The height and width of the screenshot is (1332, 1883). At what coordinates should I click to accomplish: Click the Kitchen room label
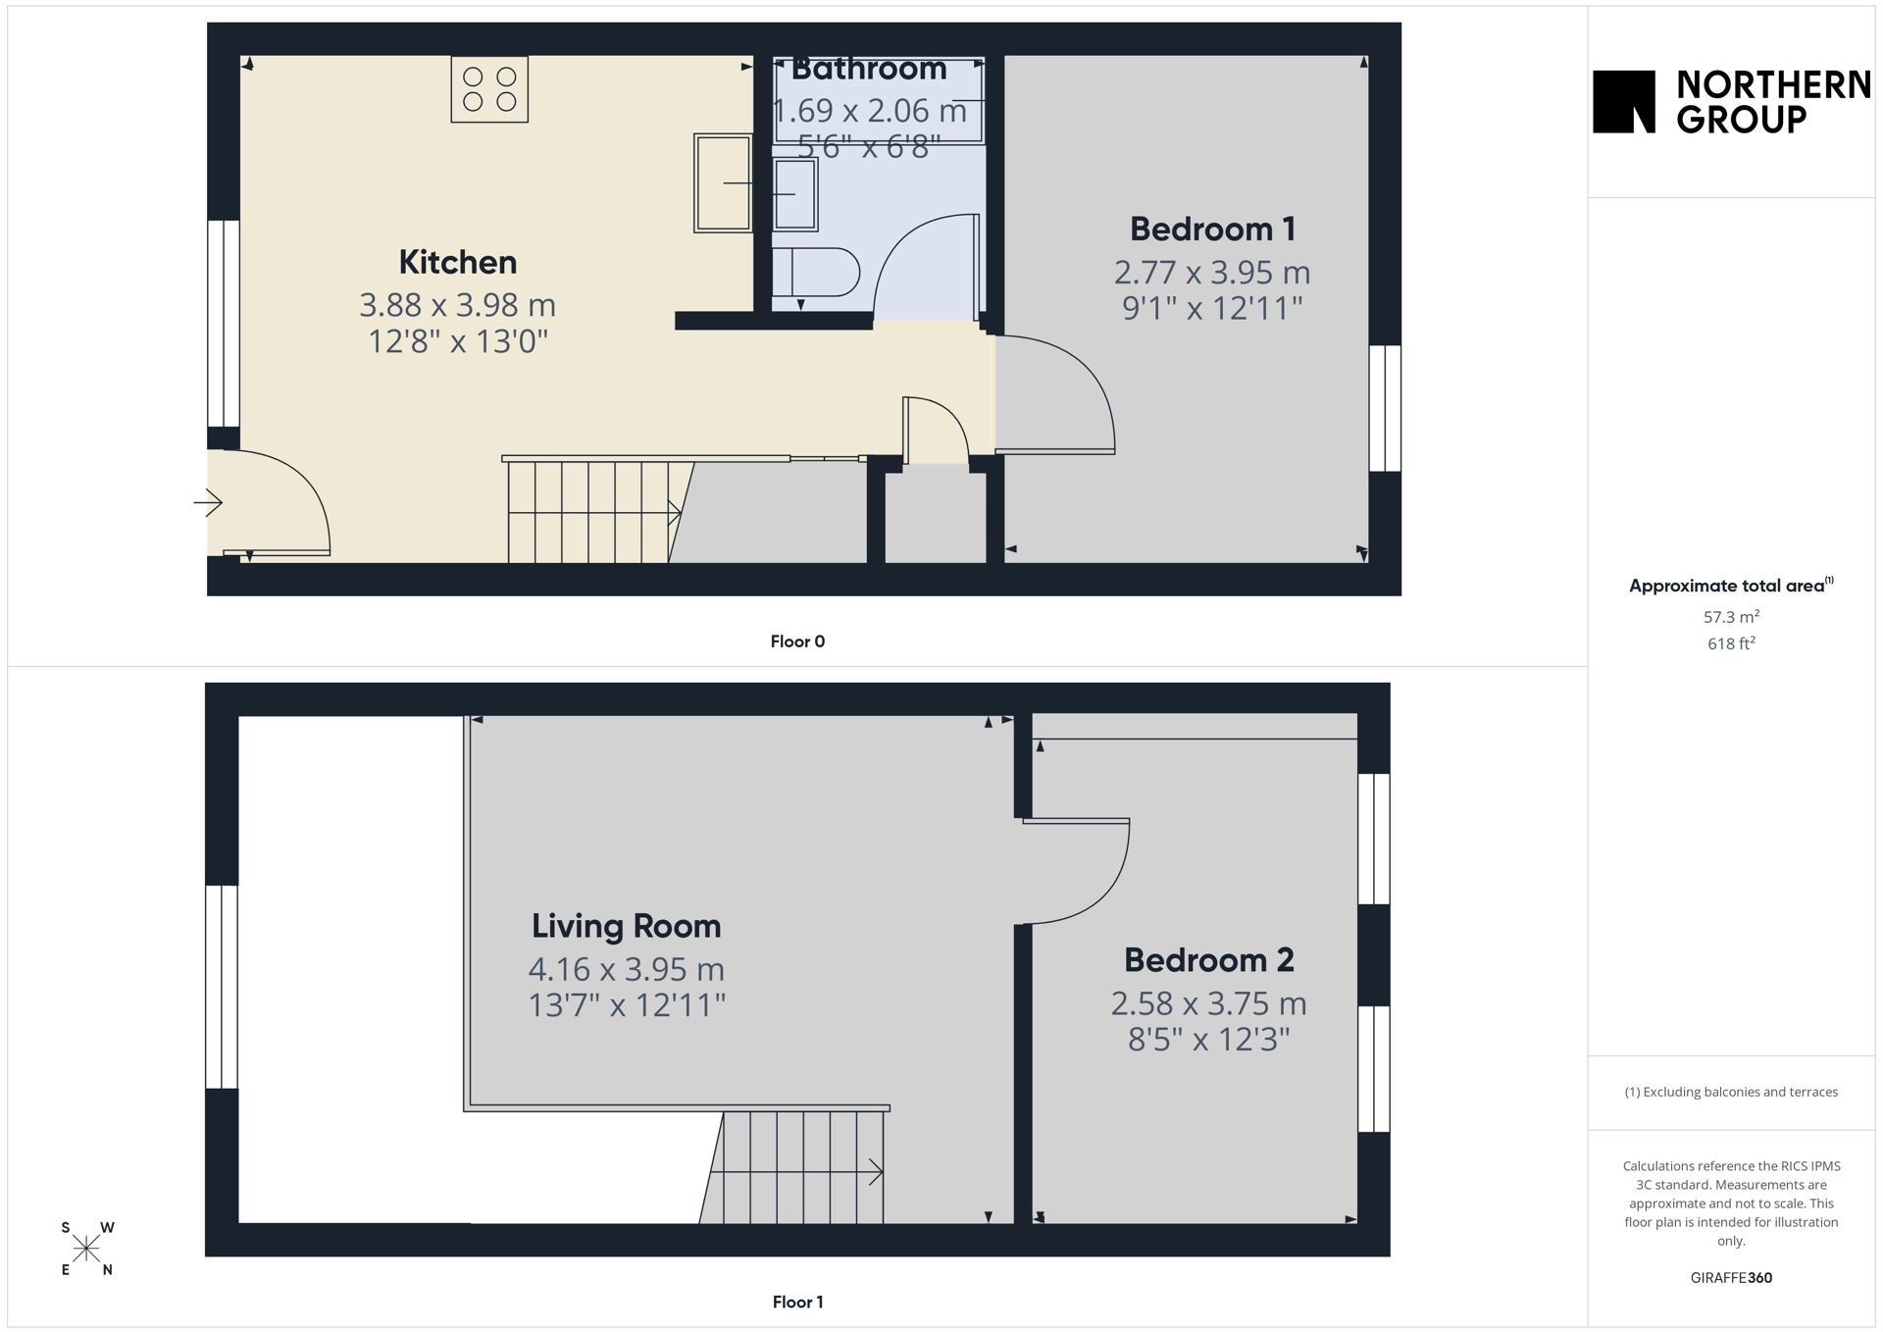pos(457,262)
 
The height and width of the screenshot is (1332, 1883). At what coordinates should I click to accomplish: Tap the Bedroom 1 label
pos(1212,229)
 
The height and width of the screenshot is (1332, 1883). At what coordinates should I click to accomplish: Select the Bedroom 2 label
pos(1208,959)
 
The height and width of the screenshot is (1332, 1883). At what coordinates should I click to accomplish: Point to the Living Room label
pos(626,926)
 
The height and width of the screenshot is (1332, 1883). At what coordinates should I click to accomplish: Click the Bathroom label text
pos(869,69)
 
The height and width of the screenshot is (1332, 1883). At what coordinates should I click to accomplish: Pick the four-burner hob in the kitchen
pos(489,89)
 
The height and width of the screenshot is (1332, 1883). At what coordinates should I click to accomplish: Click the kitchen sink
pos(723,183)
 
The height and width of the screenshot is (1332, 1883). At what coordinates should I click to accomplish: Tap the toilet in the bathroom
pos(816,272)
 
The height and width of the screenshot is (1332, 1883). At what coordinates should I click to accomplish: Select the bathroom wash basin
pos(794,194)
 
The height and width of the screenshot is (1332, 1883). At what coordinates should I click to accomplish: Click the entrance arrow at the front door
pos(208,503)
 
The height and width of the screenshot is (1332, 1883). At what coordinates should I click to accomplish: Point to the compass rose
pos(86,1249)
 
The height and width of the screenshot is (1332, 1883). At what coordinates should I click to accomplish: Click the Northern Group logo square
pos(1624,101)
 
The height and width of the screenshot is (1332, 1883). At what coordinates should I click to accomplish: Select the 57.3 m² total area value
pos(1731,617)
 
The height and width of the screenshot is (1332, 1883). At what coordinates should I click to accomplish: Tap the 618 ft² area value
pos(1731,643)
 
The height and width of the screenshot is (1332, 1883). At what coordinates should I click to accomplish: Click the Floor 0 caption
pos(797,641)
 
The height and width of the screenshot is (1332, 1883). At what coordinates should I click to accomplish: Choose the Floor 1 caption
pos(797,1302)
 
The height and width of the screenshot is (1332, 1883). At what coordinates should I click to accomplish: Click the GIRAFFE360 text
pos(1731,1277)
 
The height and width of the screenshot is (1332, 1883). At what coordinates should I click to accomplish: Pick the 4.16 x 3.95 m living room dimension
pos(626,969)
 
